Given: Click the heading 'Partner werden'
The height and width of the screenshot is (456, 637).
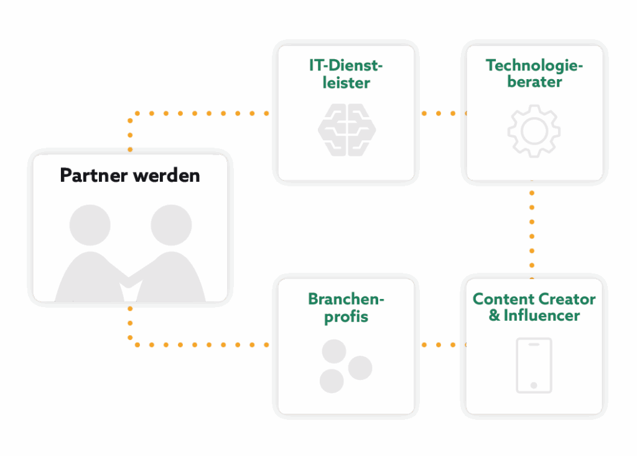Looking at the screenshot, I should click(130, 175).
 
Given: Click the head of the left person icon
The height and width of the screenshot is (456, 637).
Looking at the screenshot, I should click(90, 225).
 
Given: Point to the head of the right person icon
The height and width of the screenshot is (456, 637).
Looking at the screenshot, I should click(171, 225).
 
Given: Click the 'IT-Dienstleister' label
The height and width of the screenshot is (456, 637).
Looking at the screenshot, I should click(346, 74).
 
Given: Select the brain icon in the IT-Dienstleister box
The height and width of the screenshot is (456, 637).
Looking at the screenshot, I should click(346, 129).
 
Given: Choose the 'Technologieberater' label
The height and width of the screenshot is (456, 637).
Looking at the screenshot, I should click(534, 73).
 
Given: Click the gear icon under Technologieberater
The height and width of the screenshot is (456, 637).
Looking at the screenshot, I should click(534, 130).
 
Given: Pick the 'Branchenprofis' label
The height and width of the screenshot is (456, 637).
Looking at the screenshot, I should click(346, 307).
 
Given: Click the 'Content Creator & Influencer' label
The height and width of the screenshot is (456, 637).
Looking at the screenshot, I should click(534, 307).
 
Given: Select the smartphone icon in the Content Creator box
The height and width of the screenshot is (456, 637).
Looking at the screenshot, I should click(534, 365).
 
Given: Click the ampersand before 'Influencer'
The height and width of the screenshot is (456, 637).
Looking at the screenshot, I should click(495, 315).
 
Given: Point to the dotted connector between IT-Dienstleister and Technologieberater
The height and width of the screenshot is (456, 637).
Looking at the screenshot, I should click(440, 113).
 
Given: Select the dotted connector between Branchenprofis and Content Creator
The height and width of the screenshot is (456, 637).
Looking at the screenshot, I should click(440, 344).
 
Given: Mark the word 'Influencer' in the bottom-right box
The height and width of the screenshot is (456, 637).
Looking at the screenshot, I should click(542, 315).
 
